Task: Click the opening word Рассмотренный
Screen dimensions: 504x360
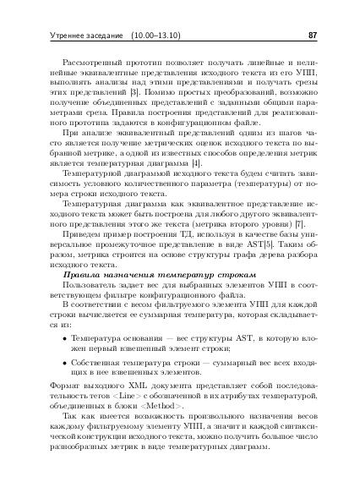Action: [x=92, y=64]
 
